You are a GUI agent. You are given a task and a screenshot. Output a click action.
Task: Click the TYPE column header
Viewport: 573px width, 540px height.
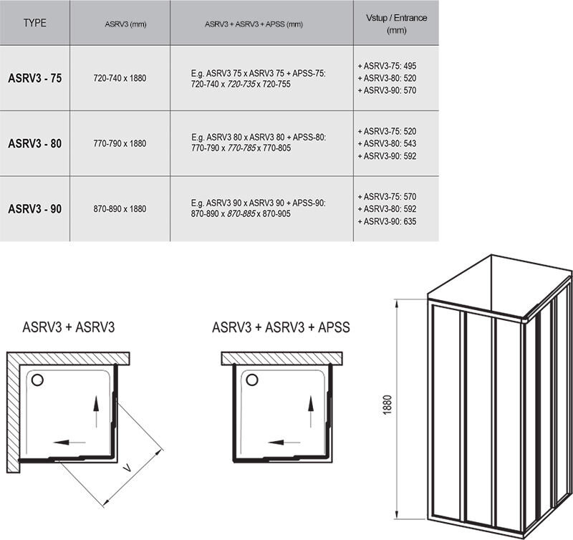[34, 23]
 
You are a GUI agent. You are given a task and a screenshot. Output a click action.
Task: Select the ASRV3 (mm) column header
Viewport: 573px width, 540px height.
[125, 24]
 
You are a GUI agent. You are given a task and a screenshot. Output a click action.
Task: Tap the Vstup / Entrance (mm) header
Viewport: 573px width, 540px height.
[397, 24]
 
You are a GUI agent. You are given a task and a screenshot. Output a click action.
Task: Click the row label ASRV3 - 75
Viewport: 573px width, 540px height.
[34, 78]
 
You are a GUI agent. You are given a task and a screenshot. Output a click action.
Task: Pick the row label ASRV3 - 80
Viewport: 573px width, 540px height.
[34, 143]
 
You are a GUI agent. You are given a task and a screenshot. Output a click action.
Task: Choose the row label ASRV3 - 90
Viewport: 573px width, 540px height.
[34, 208]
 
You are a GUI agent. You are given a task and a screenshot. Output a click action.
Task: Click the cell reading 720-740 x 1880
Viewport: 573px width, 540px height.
[120, 78]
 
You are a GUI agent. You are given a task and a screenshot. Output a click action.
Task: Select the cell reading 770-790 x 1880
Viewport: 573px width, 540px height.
[120, 143]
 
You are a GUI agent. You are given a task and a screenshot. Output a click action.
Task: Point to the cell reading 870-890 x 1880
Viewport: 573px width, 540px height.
[120, 208]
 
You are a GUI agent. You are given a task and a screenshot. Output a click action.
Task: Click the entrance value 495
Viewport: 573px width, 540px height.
[410, 66]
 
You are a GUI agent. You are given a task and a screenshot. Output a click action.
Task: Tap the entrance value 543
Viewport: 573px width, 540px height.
[410, 143]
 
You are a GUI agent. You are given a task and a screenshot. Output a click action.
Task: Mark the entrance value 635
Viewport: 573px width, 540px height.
[410, 221]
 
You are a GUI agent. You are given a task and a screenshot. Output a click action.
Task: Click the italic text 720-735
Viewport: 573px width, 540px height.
[241, 85]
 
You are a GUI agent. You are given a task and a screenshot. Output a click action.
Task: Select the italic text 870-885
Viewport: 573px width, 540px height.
[241, 213]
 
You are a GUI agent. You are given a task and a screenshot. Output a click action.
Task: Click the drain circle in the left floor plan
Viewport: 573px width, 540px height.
[37, 380]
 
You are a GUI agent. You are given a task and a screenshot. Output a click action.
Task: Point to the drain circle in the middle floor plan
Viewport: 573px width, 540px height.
[252, 380]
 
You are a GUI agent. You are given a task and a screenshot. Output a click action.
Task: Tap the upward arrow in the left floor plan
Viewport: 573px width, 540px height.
[96, 411]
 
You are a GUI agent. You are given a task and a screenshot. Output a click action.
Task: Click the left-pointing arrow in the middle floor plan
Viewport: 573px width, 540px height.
[284, 443]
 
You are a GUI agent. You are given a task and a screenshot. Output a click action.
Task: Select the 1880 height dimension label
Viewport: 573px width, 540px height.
[387, 405]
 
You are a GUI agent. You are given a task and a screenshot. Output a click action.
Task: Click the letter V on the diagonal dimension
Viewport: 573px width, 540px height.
[127, 466]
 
